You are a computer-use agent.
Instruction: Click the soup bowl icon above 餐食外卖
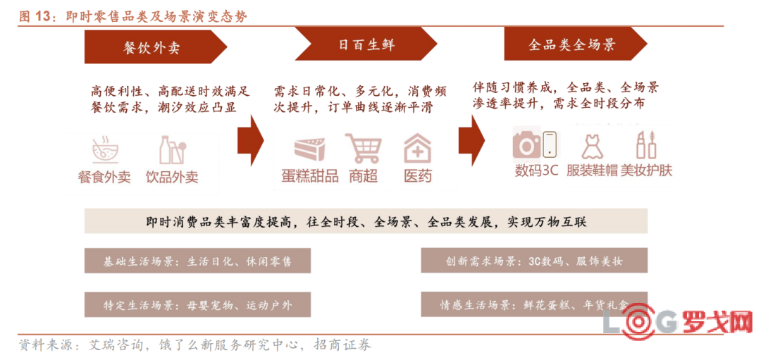(105, 151)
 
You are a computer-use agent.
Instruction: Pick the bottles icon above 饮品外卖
(173, 150)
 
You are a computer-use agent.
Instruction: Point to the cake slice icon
(312, 150)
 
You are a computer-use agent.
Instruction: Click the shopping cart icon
(364, 148)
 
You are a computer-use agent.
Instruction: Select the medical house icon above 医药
(417, 148)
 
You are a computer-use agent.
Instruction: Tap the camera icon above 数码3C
(526, 144)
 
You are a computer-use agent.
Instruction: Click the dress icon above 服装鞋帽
(592, 144)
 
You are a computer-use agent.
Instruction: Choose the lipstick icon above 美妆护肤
(646, 144)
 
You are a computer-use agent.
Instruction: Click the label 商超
(363, 175)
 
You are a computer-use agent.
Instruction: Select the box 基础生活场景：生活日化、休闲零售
(197, 261)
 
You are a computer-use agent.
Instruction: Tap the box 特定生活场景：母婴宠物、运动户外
(197, 304)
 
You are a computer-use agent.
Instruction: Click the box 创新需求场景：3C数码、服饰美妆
(534, 260)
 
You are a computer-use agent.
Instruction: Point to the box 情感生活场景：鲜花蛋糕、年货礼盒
(534, 304)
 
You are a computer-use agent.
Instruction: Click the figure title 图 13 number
(42, 16)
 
